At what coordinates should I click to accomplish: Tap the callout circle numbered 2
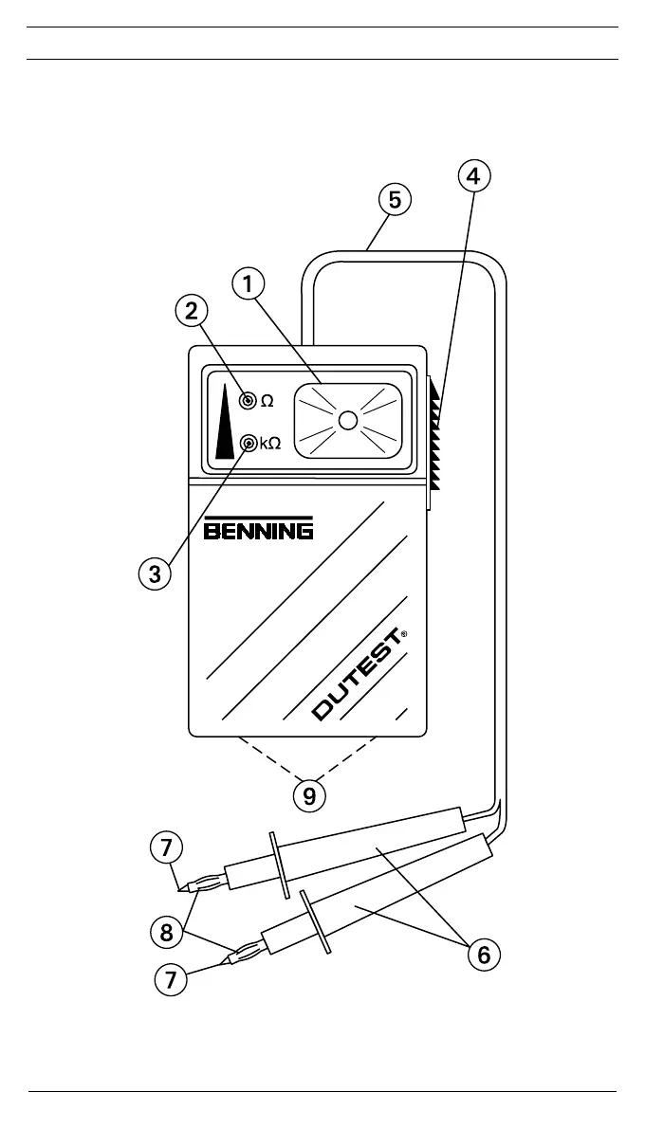click(x=192, y=310)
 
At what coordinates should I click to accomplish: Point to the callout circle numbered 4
click(x=474, y=175)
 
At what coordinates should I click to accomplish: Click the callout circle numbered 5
click(x=395, y=200)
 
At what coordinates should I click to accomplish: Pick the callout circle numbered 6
click(x=484, y=955)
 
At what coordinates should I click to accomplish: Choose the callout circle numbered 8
click(x=167, y=934)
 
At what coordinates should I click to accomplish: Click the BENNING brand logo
click(x=259, y=528)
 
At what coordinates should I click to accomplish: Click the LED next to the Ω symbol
click(x=249, y=401)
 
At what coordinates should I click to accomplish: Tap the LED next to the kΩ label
click(x=249, y=443)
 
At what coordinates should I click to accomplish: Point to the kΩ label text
click(x=270, y=444)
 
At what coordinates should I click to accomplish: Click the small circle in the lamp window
click(x=347, y=421)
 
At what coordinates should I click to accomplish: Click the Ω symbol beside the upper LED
click(x=267, y=401)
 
